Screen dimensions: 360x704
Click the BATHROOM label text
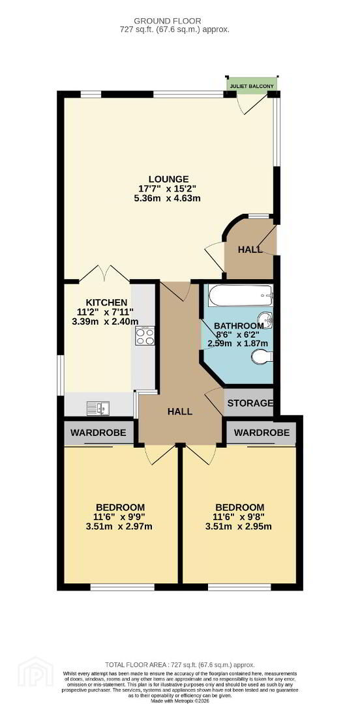(x=238, y=325)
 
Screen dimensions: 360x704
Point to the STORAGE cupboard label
(x=250, y=403)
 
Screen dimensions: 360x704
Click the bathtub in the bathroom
(x=241, y=295)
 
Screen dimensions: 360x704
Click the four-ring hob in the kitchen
(x=145, y=336)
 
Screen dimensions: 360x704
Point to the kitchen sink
(x=98, y=408)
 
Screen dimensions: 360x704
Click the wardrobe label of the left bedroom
(x=99, y=433)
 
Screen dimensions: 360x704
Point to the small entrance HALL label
(x=250, y=250)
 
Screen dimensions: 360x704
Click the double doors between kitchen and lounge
(x=106, y=273)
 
